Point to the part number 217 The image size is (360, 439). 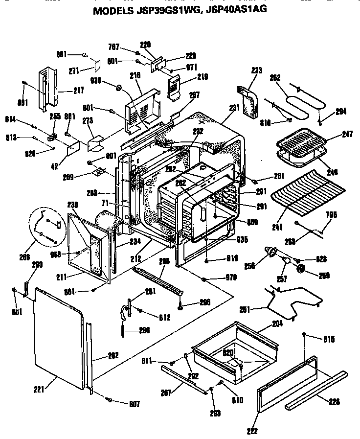[78, 90]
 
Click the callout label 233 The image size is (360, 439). [256, 70]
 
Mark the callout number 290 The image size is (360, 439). [37, 264]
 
